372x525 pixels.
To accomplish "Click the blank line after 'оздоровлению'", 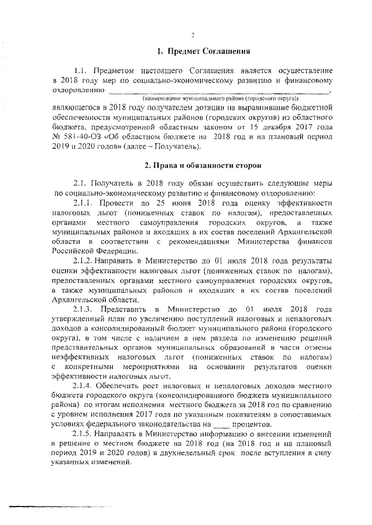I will click(x=218, y=91).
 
